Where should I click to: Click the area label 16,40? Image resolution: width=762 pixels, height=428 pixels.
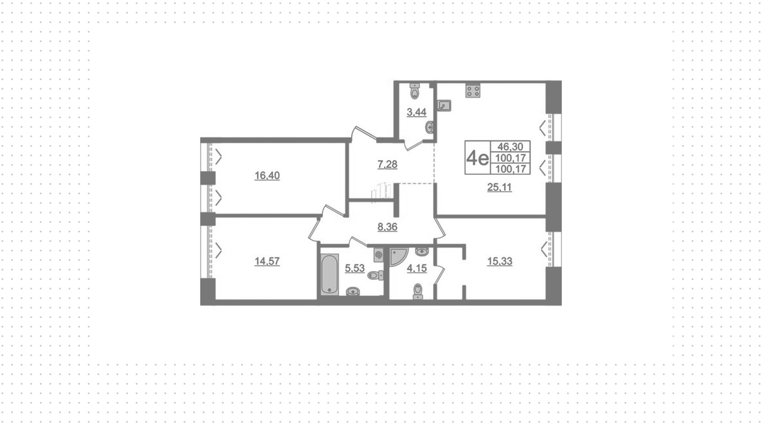267,175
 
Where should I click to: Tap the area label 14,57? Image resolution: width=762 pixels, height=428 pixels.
267,261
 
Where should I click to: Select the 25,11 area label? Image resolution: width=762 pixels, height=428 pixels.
499,187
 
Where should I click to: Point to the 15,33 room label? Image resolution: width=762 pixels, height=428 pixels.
500,261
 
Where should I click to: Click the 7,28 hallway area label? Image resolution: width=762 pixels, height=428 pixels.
387,164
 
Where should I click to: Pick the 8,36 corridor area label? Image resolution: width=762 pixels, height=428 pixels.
387,227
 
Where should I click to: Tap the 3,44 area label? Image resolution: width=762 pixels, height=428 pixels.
417,112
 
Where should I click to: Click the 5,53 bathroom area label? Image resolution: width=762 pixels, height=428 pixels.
355,268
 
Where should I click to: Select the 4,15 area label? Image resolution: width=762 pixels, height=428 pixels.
417,268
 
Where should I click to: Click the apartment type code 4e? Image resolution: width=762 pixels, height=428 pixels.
477,158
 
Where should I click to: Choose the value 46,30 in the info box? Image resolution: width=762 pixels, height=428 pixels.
510,147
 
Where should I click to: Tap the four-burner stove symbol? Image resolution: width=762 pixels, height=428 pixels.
473,91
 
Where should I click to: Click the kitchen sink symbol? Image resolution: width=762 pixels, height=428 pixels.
444,105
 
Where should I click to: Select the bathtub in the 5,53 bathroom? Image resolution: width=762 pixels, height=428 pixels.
329,275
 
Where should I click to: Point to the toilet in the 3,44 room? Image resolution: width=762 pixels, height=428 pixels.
415,91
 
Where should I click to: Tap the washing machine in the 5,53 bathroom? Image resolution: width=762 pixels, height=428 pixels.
379,254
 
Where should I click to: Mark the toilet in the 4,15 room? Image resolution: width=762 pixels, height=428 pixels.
418,291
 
